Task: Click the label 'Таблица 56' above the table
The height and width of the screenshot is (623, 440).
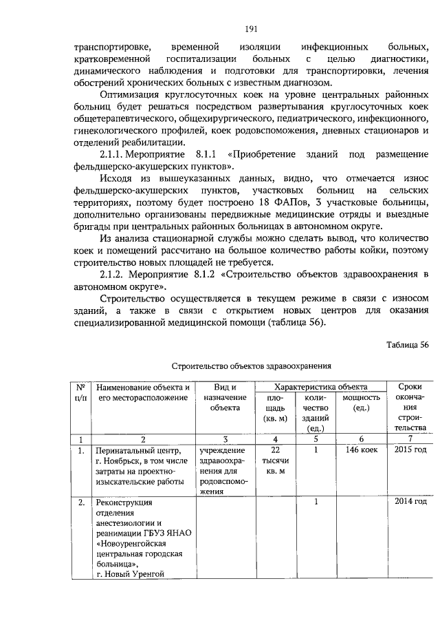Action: tap(408, 346)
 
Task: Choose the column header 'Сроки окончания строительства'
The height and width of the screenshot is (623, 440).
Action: tap(411, 408)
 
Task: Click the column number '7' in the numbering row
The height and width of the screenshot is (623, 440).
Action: tap(411, 438)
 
